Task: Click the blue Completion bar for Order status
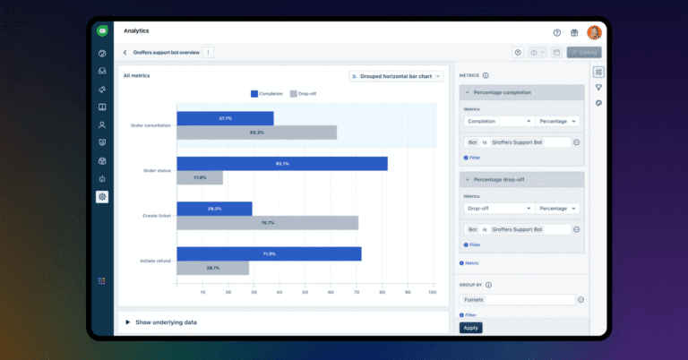[x=282, y=164]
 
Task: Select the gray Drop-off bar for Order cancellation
[x=256, y=133]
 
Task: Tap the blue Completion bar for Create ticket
[x=214, y=209]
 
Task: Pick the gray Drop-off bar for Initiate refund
[x=212, y=268]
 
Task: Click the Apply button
[x=471, y=328]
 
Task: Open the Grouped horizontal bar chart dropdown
[x=396, y=76]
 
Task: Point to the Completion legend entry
[x=266, y=93]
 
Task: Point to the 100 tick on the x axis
[x=433, y=293]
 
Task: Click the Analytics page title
[x=137, y=30]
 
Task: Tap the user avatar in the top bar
[x=594, y=32]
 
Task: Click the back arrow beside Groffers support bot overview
[x=125, y=53]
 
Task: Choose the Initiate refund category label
[x=157, y=261]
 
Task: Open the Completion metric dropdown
[x=499, y=121]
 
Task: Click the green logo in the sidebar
[x=102, y=30]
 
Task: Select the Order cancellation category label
[x=150, y=125]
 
